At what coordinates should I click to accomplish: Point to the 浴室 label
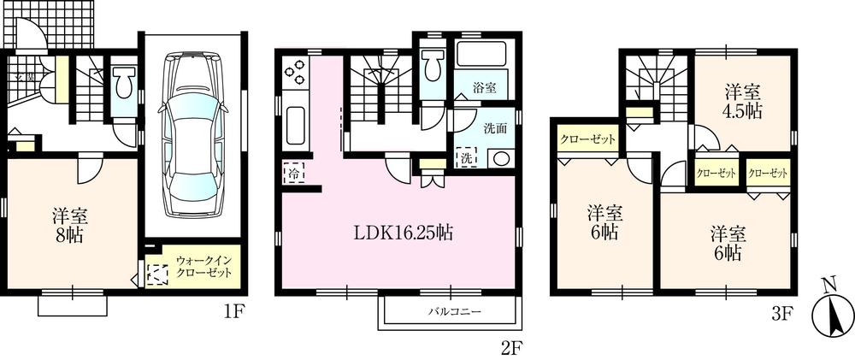pyautogui.click(x=486, y=85)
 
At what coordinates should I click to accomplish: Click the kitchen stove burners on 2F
pyautogui.click(x=293, y=73)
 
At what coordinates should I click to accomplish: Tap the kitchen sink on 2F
pyautogui.click(x=294, y=126)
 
